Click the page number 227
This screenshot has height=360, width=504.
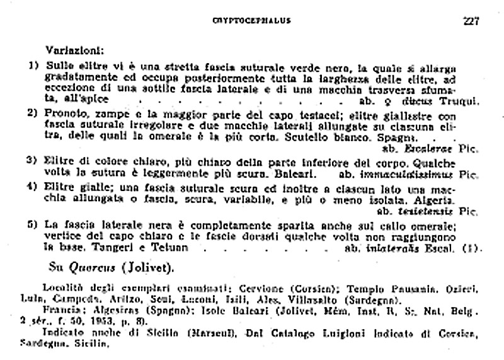pos(470,20)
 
